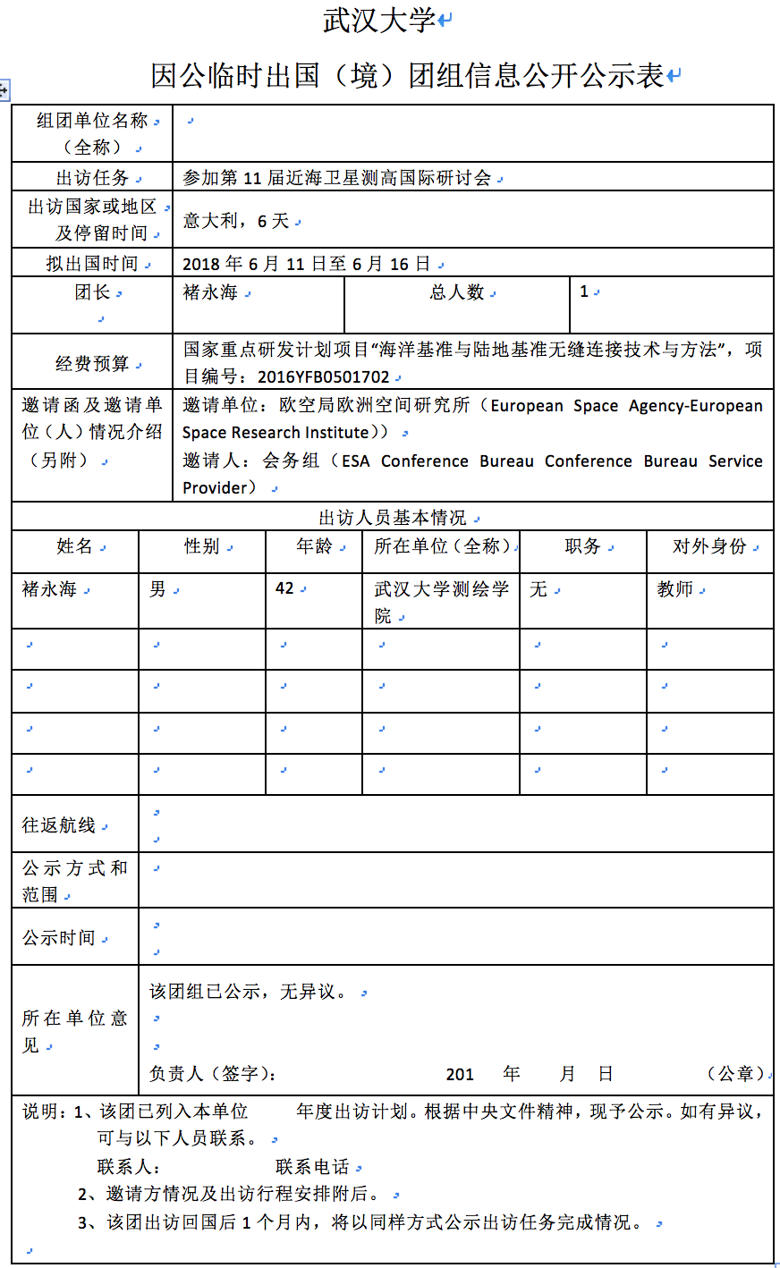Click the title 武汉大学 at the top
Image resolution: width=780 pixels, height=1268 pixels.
coord(379,21)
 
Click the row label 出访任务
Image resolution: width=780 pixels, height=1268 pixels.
coord(93,177)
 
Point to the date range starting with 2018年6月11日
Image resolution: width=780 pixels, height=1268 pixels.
coord(307,264)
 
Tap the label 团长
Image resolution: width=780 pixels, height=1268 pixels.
coord(92,292)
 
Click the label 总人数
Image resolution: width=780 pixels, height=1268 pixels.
coord(457,292)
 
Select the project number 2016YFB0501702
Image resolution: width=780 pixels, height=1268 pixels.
coord(324,377)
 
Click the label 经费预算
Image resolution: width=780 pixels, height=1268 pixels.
coord(92,363)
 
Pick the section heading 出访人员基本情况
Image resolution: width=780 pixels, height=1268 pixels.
coord(393,518)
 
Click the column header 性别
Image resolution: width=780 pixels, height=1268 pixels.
coord(202,546)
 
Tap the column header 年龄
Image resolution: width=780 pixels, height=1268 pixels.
coord(314,546)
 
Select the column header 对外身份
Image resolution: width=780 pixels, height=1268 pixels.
coord(709,546)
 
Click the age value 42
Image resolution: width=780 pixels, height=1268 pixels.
coord(285,588)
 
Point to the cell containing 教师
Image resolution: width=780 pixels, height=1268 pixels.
coord(675,589)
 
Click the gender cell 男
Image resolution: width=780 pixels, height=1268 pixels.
coord(158,589)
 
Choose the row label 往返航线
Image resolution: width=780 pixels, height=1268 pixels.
coord(59,825)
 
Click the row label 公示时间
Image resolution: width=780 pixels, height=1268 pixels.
coord(59,937)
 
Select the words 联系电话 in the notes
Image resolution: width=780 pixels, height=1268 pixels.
coord(312,1167)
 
